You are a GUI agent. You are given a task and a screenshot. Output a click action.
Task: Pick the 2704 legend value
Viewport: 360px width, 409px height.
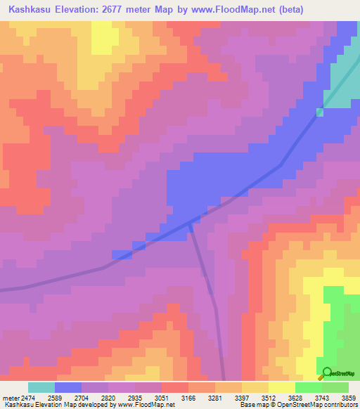click(95, 396)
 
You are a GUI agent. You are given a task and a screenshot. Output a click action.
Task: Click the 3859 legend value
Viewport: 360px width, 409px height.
click(340, 396)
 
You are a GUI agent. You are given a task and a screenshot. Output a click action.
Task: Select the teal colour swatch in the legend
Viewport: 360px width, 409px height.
click(41, 387)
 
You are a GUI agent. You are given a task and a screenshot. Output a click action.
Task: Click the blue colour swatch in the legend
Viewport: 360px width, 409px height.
click(68, 387)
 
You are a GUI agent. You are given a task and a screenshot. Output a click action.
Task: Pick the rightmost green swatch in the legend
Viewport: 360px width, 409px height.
click(335, 387)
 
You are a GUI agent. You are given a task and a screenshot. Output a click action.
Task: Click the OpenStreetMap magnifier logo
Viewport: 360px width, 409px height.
click(326, 372)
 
